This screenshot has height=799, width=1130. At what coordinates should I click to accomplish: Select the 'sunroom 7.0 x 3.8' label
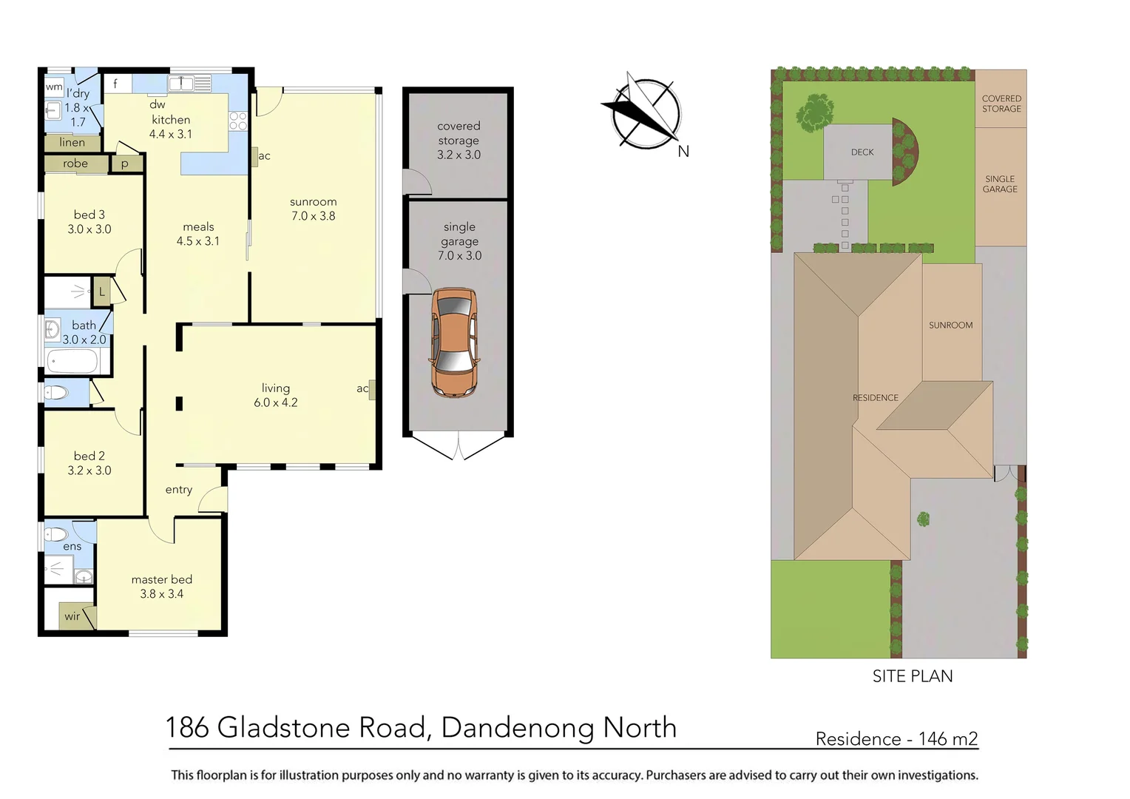click(313, 209)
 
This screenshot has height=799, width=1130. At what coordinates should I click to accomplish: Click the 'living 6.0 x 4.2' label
click(275, 395)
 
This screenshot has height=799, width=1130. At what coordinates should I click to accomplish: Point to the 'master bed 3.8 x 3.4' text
click(161, 587)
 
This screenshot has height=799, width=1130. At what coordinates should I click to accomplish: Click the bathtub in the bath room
click(72, 362)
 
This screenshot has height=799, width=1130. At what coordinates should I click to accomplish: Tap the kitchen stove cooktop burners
click(237, 121)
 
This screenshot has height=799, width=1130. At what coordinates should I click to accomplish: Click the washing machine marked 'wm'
click(54, 87)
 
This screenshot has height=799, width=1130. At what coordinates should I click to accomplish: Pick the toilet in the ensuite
click(57, 533)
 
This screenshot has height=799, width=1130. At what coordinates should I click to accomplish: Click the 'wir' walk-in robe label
click(72, 616)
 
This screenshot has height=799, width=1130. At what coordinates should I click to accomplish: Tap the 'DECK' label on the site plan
click(862, 152)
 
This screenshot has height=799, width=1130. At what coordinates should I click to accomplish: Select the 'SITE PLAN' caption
click(912, 676)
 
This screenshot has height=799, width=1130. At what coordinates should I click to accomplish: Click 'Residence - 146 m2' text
click(896, 738)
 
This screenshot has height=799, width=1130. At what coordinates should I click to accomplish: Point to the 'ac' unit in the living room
click(371, 389)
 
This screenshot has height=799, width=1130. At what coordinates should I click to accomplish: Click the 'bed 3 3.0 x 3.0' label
click(89, 222)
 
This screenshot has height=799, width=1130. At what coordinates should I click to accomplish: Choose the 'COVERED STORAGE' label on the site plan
click(1001, 104)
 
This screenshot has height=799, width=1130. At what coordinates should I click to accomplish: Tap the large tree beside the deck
click(815, 112)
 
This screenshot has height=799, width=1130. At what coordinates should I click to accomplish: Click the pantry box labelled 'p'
click(125, 164)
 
